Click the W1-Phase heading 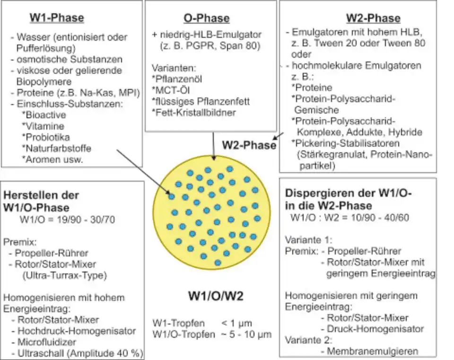tap(57, 18)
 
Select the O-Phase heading tap(206, 18)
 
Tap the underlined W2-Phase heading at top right tap(373, 18)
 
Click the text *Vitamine tap(43, 126)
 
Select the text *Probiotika tap(46, 137)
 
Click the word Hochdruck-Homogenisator tap(75, 331)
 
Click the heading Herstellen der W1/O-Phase tap(42, 201)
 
